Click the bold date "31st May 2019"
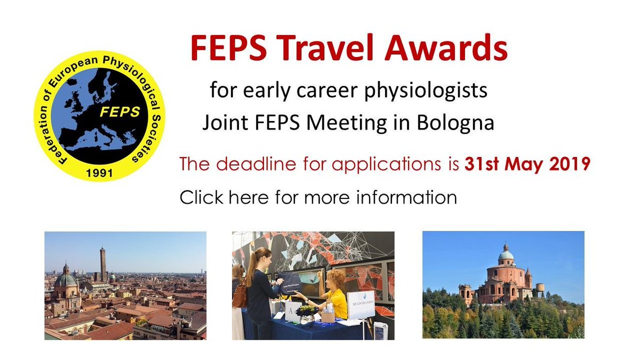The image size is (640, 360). point(527,164)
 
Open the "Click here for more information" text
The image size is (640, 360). point(318,198)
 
